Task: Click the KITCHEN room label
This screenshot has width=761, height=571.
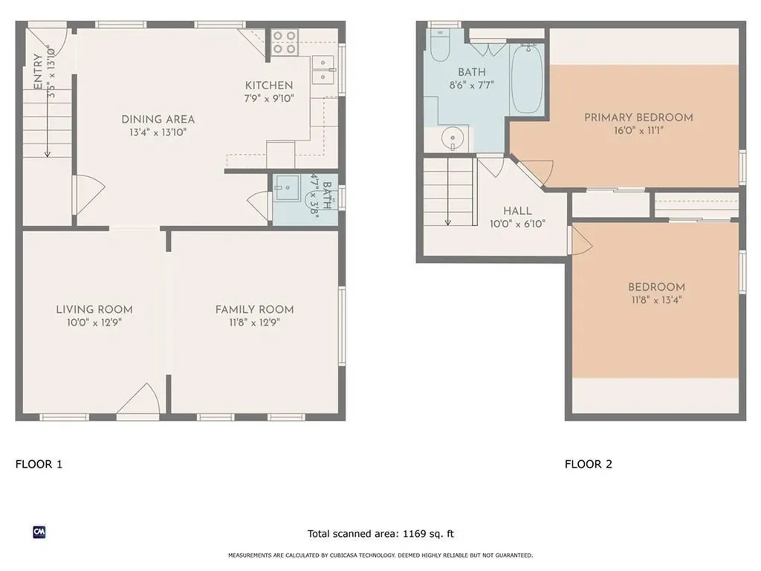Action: point(269,86)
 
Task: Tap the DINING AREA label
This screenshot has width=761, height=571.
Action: point(158,120)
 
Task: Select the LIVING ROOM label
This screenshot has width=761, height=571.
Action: point(94,310)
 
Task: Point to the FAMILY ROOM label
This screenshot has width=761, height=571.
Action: point(254,310)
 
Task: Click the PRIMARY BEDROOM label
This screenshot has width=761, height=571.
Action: point(638,117)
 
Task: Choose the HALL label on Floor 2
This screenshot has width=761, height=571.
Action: point(517,211)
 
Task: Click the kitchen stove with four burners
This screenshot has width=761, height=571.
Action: point(285,42)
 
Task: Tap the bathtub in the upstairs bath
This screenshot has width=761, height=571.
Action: point(527,79)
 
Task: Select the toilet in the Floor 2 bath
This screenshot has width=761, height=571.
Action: point(440,45)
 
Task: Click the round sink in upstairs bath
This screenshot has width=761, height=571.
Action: point(453,138)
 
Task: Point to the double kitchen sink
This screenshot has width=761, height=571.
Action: point(323,70)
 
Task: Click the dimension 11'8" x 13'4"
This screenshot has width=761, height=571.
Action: point(656,300)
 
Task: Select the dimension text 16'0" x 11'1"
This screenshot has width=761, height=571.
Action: point(638,131)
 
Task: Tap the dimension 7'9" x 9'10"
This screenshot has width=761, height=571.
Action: point(269,99)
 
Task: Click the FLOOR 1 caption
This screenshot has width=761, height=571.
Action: point(39,464)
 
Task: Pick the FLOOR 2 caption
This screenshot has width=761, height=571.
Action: point(589,464)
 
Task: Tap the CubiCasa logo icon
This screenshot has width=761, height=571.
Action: point(39,532)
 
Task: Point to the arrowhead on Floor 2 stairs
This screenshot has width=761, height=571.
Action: point(447,222)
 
